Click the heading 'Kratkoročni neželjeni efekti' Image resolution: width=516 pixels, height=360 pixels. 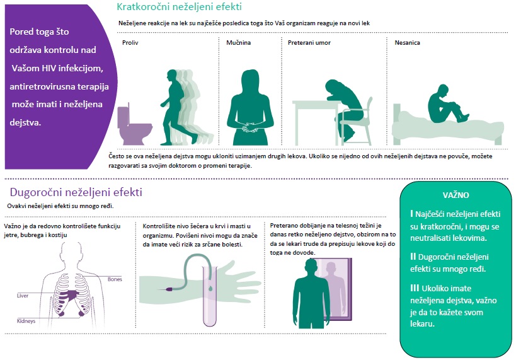pos(179,6)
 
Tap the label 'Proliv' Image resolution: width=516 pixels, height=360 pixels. pos(130,42)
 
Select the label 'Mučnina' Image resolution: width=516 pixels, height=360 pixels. pos(239,42)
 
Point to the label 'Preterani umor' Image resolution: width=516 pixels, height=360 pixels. pos(309,42)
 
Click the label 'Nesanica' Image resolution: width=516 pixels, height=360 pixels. pos(407,42)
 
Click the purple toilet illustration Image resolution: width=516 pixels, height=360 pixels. pos(134,125)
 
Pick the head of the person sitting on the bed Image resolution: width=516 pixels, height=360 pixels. pos(441,91)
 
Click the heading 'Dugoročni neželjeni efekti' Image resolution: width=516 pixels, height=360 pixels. pos(76,192)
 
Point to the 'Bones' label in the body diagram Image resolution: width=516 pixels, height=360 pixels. pos(115,279)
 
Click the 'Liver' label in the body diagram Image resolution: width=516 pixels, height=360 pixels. pos(23,296)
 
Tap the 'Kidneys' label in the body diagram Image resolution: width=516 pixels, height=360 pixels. pos(26,321)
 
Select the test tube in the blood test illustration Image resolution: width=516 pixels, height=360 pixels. pos(210,296)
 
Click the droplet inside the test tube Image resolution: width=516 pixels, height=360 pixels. pos(210,289)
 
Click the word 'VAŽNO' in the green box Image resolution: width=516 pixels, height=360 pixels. pos(456,195)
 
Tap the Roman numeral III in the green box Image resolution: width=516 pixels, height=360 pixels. pos(415,288)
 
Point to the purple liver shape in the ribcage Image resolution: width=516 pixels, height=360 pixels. pos(71,294)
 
